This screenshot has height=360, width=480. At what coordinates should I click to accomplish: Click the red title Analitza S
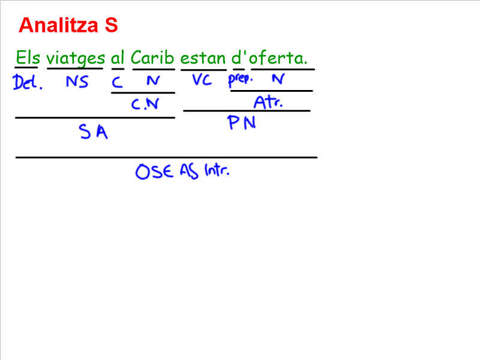[68, 26]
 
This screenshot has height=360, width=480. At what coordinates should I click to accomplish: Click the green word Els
[27, 58]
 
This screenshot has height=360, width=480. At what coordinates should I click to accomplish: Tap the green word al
[118, 58]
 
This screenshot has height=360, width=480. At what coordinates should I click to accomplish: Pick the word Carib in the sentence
[152, 58]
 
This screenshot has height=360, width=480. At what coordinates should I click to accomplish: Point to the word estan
[203, 58]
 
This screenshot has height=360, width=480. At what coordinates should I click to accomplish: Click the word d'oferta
[269, 58]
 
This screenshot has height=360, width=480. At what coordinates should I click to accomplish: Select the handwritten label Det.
[27, 82]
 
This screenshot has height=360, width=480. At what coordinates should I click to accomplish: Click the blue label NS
[77, 82]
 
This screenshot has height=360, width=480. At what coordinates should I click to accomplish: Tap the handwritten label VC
[202, 80]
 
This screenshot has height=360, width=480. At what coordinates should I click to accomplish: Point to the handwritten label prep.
[241, 79]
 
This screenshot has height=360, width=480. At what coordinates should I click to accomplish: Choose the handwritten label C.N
[145, 104]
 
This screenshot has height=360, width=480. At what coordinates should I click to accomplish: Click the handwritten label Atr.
[268, 102]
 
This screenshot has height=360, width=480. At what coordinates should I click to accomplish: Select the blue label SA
[94, 132]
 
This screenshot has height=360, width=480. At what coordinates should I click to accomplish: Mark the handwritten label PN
[242, 124]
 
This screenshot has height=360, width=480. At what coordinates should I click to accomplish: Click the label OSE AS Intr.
[182, 172]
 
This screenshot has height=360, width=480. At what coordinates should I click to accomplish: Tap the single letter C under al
[118, 83]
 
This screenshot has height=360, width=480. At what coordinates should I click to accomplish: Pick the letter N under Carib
[153, 81]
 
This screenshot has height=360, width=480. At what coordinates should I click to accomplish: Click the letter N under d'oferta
[277, 79]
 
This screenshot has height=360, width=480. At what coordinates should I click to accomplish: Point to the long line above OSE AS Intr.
[166, 157]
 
